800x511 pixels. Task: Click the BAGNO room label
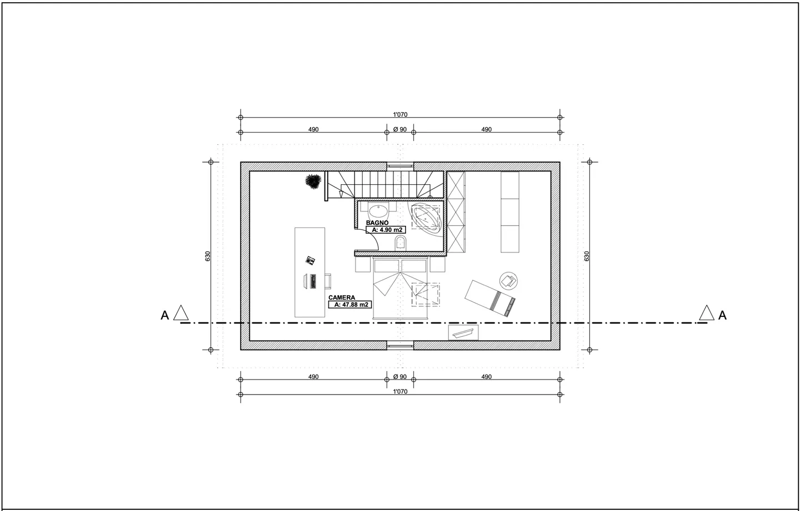[x=377, y=222]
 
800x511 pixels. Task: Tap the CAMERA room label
[x=342, y=298]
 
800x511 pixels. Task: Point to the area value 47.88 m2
[x=351, y=305]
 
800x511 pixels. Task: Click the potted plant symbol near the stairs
[x=313, y=181]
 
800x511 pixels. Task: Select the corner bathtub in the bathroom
[x=426, y=216]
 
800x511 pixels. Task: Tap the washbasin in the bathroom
[x=378, y=211]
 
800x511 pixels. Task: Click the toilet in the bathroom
[x=400, y=242]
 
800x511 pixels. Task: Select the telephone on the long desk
[x=310, y=260]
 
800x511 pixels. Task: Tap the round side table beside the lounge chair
[x=508, y=280]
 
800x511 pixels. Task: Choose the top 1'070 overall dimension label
[x=400, y=115]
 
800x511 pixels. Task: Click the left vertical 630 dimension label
[x=207, y=256]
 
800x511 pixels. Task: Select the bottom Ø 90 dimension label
[x=400, y=377]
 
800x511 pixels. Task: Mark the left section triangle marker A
[x=181, y=313]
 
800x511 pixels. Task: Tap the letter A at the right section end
[x=722, y=315]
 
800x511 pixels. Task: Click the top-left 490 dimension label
[x=313, y=129]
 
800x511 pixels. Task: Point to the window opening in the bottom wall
[x=400, y=345]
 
